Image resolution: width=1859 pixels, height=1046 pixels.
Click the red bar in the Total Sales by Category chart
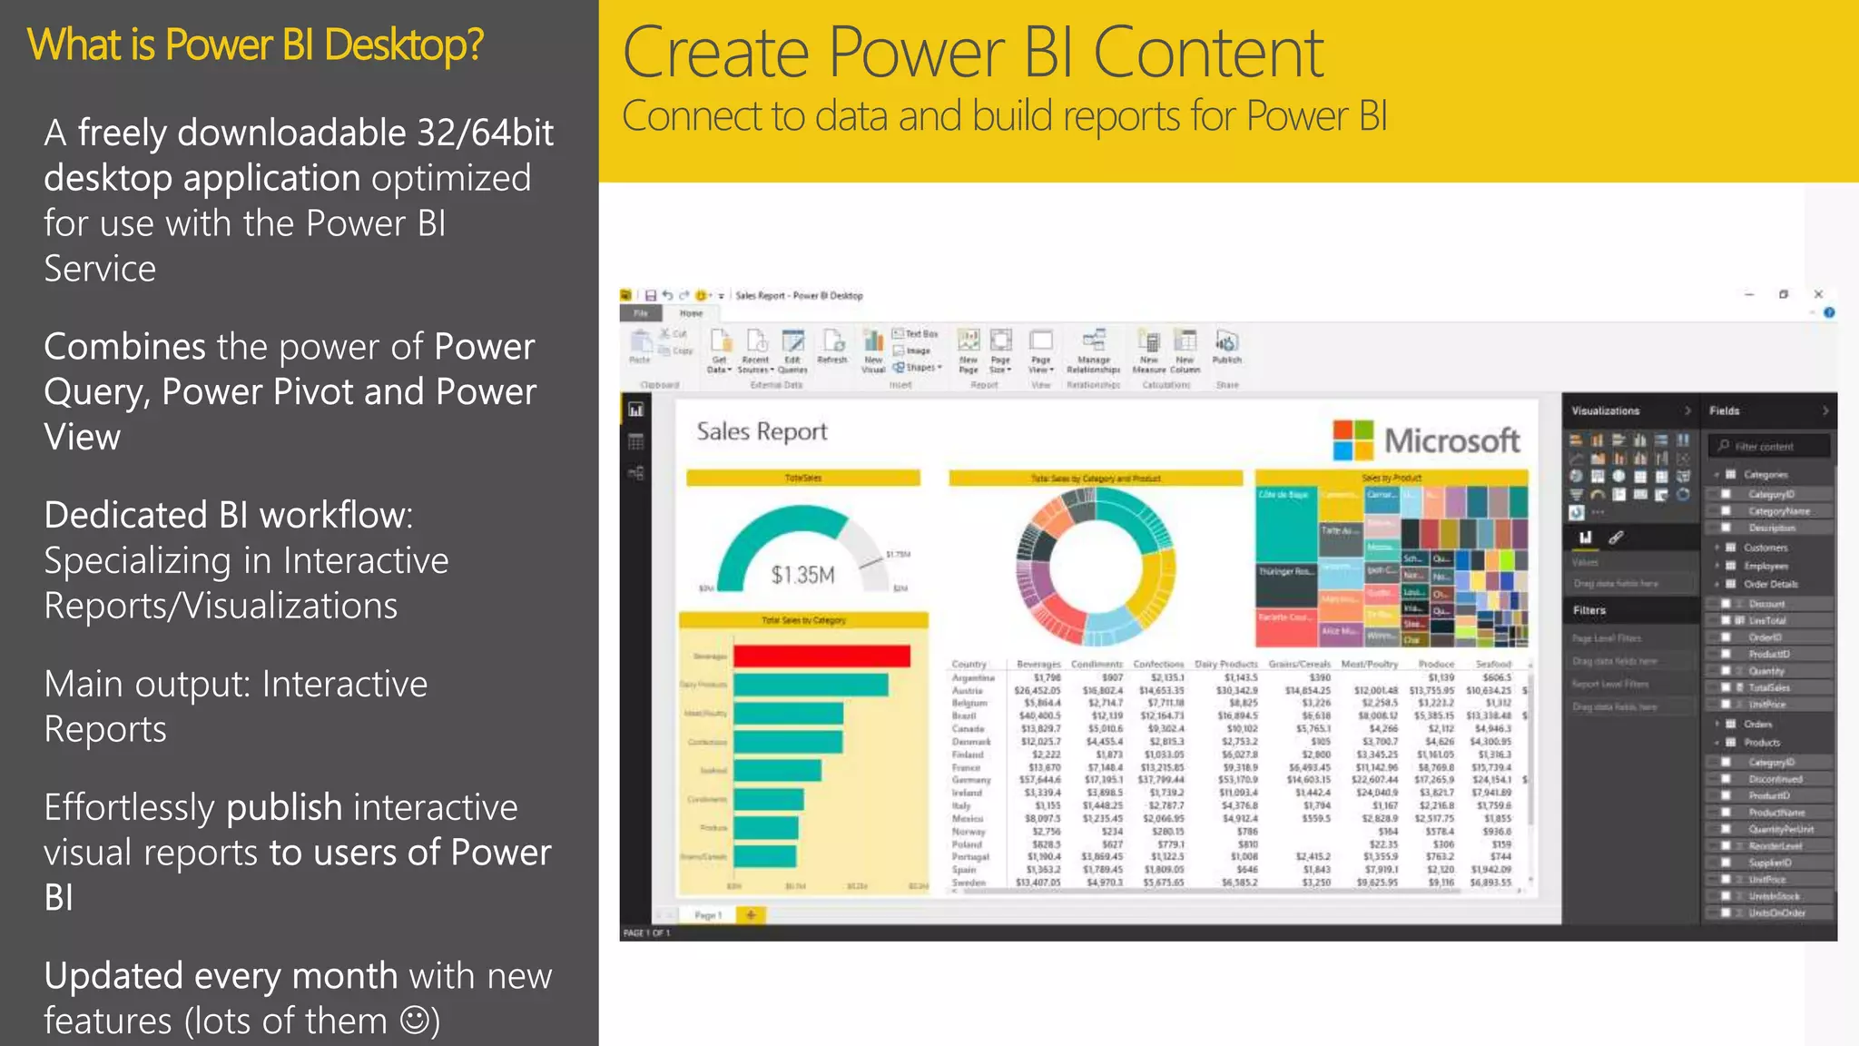click(x=821, y=656)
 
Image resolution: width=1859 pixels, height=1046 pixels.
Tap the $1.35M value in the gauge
click(x=802, y=575)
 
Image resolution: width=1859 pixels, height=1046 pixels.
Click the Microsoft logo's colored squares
click(x=1353, y=440)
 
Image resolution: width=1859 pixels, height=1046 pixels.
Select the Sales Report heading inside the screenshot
click(x=762, y=431)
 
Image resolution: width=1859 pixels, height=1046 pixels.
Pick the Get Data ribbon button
click(x=720, y=350)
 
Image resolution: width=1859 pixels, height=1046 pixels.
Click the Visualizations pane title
click(x=1605, y=411)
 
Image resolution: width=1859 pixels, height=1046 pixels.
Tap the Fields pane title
click(x=1724, y=411)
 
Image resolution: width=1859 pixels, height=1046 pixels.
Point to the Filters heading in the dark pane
click(x=1589, y=610)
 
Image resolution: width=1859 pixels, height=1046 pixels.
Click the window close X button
click(x=1818, y=294)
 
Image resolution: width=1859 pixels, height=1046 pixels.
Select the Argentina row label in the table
click(x=973, y=677)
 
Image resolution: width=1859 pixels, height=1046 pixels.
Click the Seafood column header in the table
click(x=1493, y=664)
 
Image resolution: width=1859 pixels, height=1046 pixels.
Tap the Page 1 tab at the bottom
click(x=708, y=915)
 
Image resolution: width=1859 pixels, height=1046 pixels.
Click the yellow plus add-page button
click(x=751, y=915)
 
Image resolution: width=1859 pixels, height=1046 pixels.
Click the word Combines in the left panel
click(x=124, y=347)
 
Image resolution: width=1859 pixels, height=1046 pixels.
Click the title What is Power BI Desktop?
click(x=255, y=45)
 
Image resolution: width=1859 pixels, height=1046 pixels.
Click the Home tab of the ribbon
click(x=692, y=313)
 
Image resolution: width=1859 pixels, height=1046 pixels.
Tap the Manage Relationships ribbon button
click(x=1093, y=350)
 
